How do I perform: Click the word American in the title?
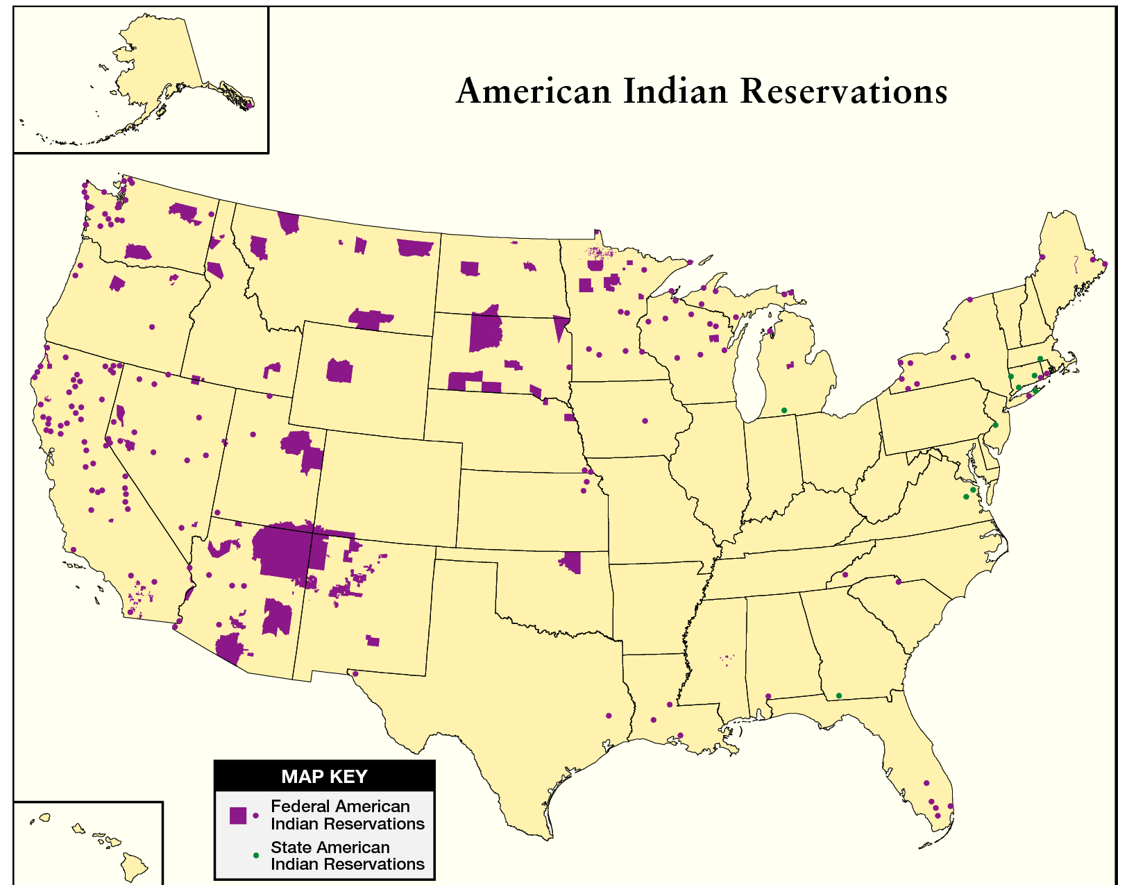[x=533, y=92]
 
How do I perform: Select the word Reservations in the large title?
[x=844, y=92]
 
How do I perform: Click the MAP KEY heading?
[x=324, y=776]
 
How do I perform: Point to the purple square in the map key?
[x=238, y=816]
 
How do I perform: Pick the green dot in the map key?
[x=256, y=855]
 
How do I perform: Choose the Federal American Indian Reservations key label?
[x=347, y=815]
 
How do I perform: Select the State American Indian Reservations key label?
[x=347, y=855]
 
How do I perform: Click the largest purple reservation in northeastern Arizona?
[x=281, y=552]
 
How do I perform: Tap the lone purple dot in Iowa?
[x=645, y=421]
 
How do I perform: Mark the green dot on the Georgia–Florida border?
[x=838, y=696]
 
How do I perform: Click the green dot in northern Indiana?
[x=784, y=410]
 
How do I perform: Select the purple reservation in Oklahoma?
[x=572, y=562]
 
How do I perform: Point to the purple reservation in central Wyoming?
[x=339, y=371]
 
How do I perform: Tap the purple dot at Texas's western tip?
[x=355, y=673]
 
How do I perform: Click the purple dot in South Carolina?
[x=898, y=582]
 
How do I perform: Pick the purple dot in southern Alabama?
[x=768, y=696]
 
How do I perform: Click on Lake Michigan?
[x=749, y=375]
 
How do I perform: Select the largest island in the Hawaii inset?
[x=134, y=867]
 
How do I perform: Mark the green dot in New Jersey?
[x=995, y=425]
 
